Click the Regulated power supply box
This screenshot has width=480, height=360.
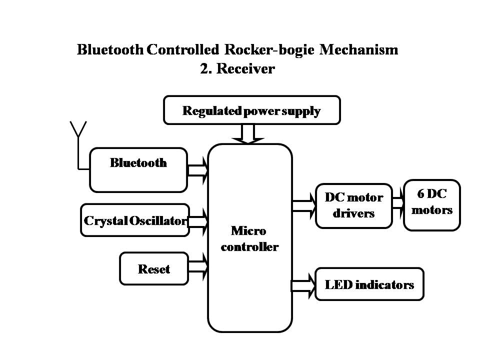(x=251, y=110)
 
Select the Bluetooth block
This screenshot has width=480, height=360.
(x=138, y=170)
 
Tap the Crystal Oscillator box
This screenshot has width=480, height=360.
(x=135, y=220)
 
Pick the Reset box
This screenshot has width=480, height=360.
(x=153, y=269)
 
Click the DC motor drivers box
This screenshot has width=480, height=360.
(x=354, y=205)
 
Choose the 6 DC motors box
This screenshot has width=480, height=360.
(x=431, y=205)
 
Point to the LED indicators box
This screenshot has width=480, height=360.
(x=369, y=284)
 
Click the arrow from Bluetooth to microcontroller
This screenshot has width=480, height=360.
(x=197, y=170)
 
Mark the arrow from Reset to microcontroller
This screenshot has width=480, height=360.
(x=197, y=265)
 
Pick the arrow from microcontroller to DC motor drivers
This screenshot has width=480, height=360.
(x=303, y=206)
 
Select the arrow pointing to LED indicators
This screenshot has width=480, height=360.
(x=303, y=285)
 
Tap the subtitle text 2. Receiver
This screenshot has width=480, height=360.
(x=237, y=69)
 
